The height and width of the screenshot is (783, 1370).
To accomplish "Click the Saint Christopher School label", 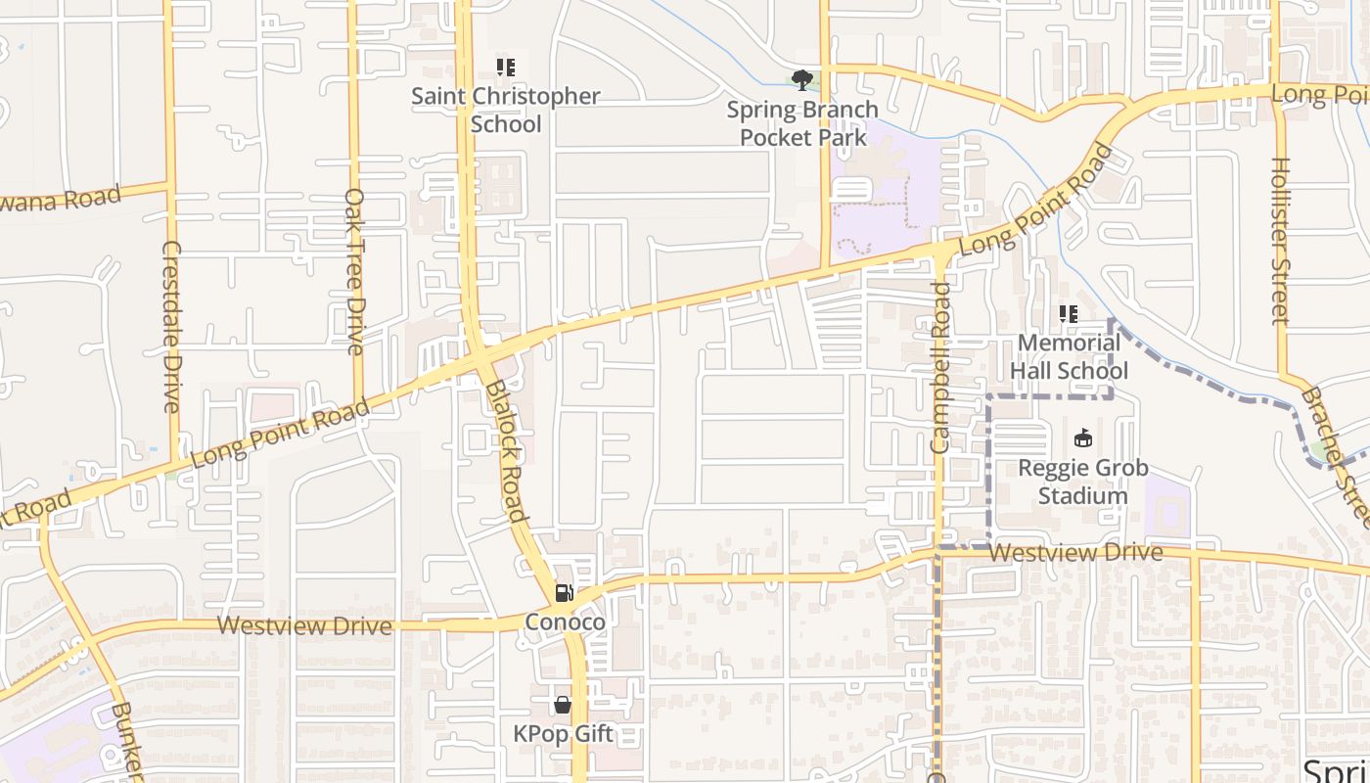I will point(506,110).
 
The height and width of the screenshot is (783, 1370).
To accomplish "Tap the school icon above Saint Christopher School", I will point(506,68).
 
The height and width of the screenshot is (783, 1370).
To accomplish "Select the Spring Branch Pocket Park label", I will point(802,123).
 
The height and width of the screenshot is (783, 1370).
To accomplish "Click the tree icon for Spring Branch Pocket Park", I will point(802,80).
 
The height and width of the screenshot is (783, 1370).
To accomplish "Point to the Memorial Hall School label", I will point(1069,356).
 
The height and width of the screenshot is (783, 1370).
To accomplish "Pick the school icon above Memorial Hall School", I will point(1069,314).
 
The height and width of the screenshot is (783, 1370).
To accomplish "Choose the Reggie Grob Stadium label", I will point(1083,482).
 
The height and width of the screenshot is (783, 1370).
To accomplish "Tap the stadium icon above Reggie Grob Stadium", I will point(1083,438).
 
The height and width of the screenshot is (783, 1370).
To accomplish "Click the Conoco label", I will point(565,622).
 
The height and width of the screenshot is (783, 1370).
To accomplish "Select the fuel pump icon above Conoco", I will point(564,592).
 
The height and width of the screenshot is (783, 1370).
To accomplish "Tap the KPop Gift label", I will point(564,733).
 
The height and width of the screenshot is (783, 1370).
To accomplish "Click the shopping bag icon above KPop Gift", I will point(563,704).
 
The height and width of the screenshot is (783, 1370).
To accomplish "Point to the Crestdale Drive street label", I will point(171,326).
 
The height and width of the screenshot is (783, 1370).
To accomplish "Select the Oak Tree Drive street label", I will point(354,271).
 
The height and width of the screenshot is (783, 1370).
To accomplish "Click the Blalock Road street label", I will point(508,450).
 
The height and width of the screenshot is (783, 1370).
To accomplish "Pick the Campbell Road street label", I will point(940,367).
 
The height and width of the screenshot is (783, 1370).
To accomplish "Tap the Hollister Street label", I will point(1280,241).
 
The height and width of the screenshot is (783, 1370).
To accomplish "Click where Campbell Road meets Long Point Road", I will point(941,252).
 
